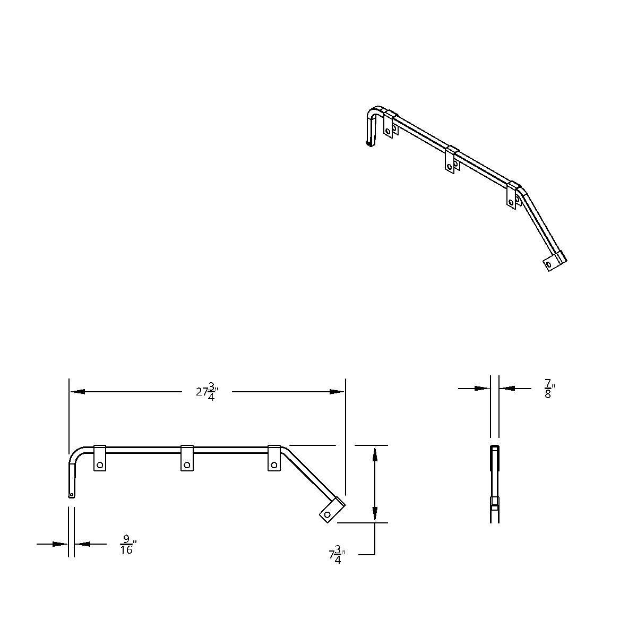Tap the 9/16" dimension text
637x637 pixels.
coord(127,545)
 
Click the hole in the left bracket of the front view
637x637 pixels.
coord(100,465)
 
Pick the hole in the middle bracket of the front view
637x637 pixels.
coord(186,465)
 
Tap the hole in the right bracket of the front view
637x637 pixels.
coord(274,465)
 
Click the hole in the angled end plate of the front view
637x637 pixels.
coord(328,514)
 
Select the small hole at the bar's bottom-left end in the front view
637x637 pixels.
coord(72,495)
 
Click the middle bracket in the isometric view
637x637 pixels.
coord(451,159)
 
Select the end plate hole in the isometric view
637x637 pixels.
coord(548,264)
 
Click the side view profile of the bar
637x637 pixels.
coord(494,483)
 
